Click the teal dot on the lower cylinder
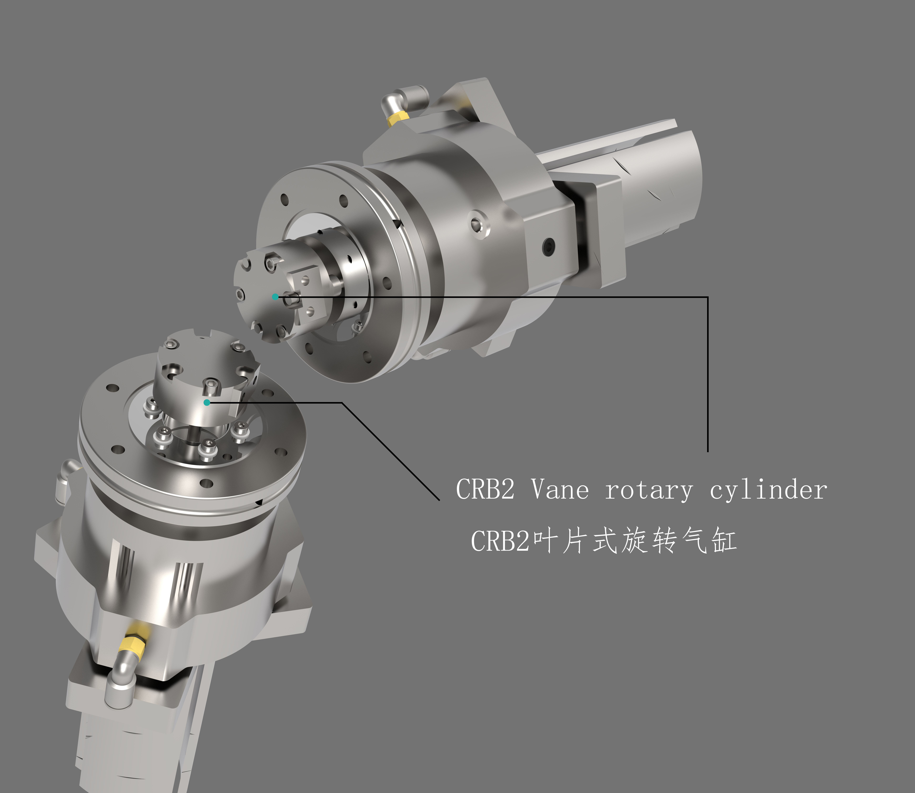207,402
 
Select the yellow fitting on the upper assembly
397,118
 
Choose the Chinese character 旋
634,541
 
